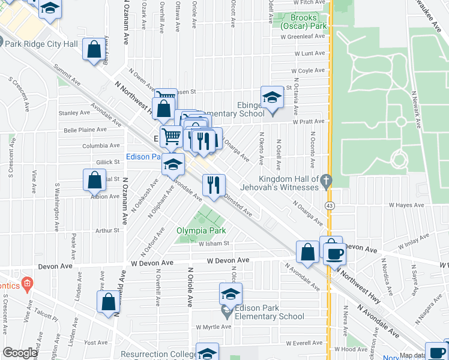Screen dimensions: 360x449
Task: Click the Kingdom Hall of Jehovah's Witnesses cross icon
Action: [x=326, y=179]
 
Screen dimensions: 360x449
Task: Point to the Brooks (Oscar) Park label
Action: [x=304, y=22]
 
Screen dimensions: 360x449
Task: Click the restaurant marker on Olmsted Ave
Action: [x=214, y=185]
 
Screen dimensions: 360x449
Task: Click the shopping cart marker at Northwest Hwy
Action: [x=171, y=136]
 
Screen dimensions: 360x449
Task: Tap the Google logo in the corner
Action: [x=20, y=353]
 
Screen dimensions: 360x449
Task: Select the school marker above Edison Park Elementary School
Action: [x=231, y=294]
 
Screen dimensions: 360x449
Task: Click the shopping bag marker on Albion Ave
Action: [x=94, y=179]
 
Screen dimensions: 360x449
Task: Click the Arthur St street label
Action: [x=108, y=230]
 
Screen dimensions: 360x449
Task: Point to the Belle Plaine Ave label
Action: [x=85, y=129]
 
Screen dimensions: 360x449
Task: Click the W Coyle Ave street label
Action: [x=309, y=70]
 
